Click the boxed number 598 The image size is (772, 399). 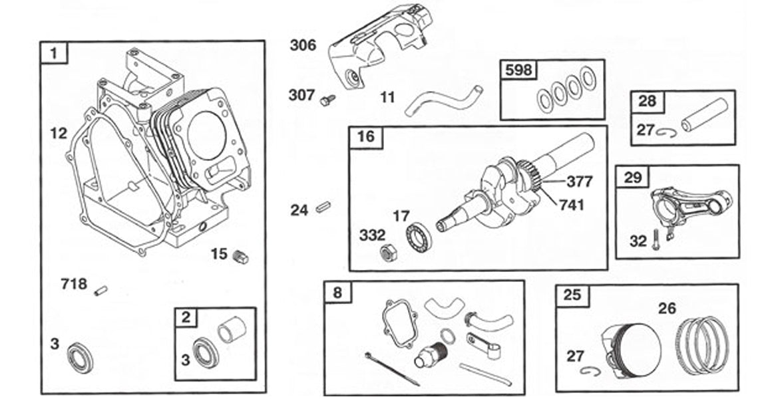coord(518,70)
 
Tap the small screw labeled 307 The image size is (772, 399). coord(327,100)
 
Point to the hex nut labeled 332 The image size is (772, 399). coord(387,253)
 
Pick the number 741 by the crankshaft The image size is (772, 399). coord(570,205)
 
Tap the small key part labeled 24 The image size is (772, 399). coord(323,209)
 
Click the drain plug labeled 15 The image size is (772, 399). coord(240,257)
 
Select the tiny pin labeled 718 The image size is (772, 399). coord(100,290)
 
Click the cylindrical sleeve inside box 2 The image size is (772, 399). coord(232,329)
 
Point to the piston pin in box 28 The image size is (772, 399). coord(703,115)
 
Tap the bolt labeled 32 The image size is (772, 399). coord(658,237)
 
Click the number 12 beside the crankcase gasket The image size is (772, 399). coord(59,134)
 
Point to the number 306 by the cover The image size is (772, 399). coord(303,45)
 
